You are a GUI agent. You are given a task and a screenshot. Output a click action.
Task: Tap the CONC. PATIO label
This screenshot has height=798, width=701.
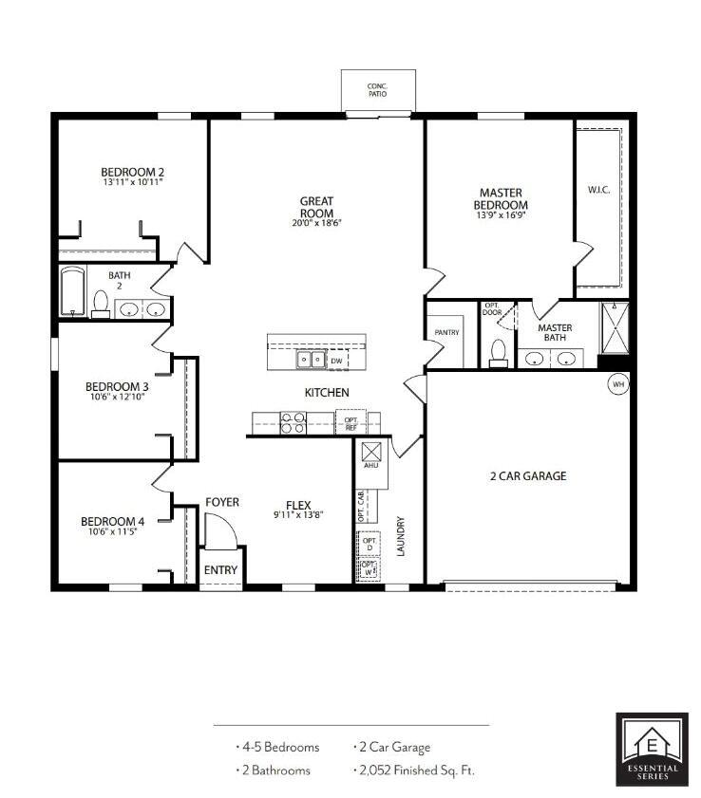[377, 90]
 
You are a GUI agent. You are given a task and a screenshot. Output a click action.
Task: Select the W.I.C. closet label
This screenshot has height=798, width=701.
[598, 190]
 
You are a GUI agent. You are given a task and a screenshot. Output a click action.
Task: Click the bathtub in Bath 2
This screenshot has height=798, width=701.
[72, 292]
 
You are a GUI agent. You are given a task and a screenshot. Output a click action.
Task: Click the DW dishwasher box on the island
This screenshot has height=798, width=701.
[336, 361]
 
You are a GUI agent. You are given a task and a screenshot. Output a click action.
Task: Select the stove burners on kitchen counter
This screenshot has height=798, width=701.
[294, 422]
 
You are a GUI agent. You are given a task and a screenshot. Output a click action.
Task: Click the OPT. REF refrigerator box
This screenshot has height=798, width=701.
[351, 422]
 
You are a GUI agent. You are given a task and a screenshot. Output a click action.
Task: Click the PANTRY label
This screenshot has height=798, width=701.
[446, 333]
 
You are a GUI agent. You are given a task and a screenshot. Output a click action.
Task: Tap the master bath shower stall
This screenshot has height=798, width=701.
[614, 328]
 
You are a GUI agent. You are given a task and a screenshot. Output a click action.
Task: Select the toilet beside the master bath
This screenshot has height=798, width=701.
[496, 351]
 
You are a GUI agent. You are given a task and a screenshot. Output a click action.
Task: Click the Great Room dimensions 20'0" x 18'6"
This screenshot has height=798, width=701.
[315, 224]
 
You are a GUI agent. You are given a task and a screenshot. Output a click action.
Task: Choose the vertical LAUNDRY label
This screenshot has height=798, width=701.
[401, 536]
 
